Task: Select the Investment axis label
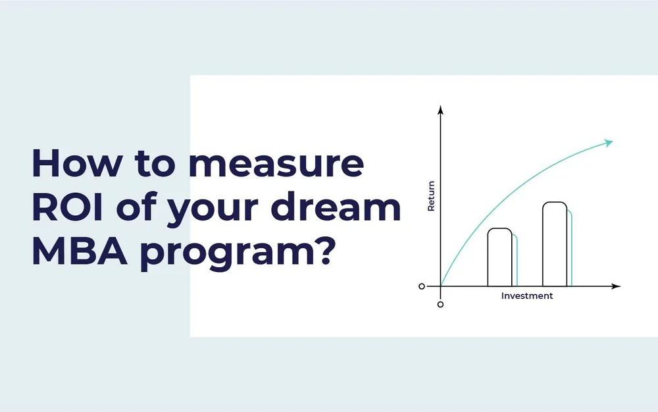527,296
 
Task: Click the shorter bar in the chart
499,257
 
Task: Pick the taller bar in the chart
555,244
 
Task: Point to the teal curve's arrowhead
609,142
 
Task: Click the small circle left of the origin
422,286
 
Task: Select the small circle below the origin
440,305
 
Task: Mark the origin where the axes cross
440,286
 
